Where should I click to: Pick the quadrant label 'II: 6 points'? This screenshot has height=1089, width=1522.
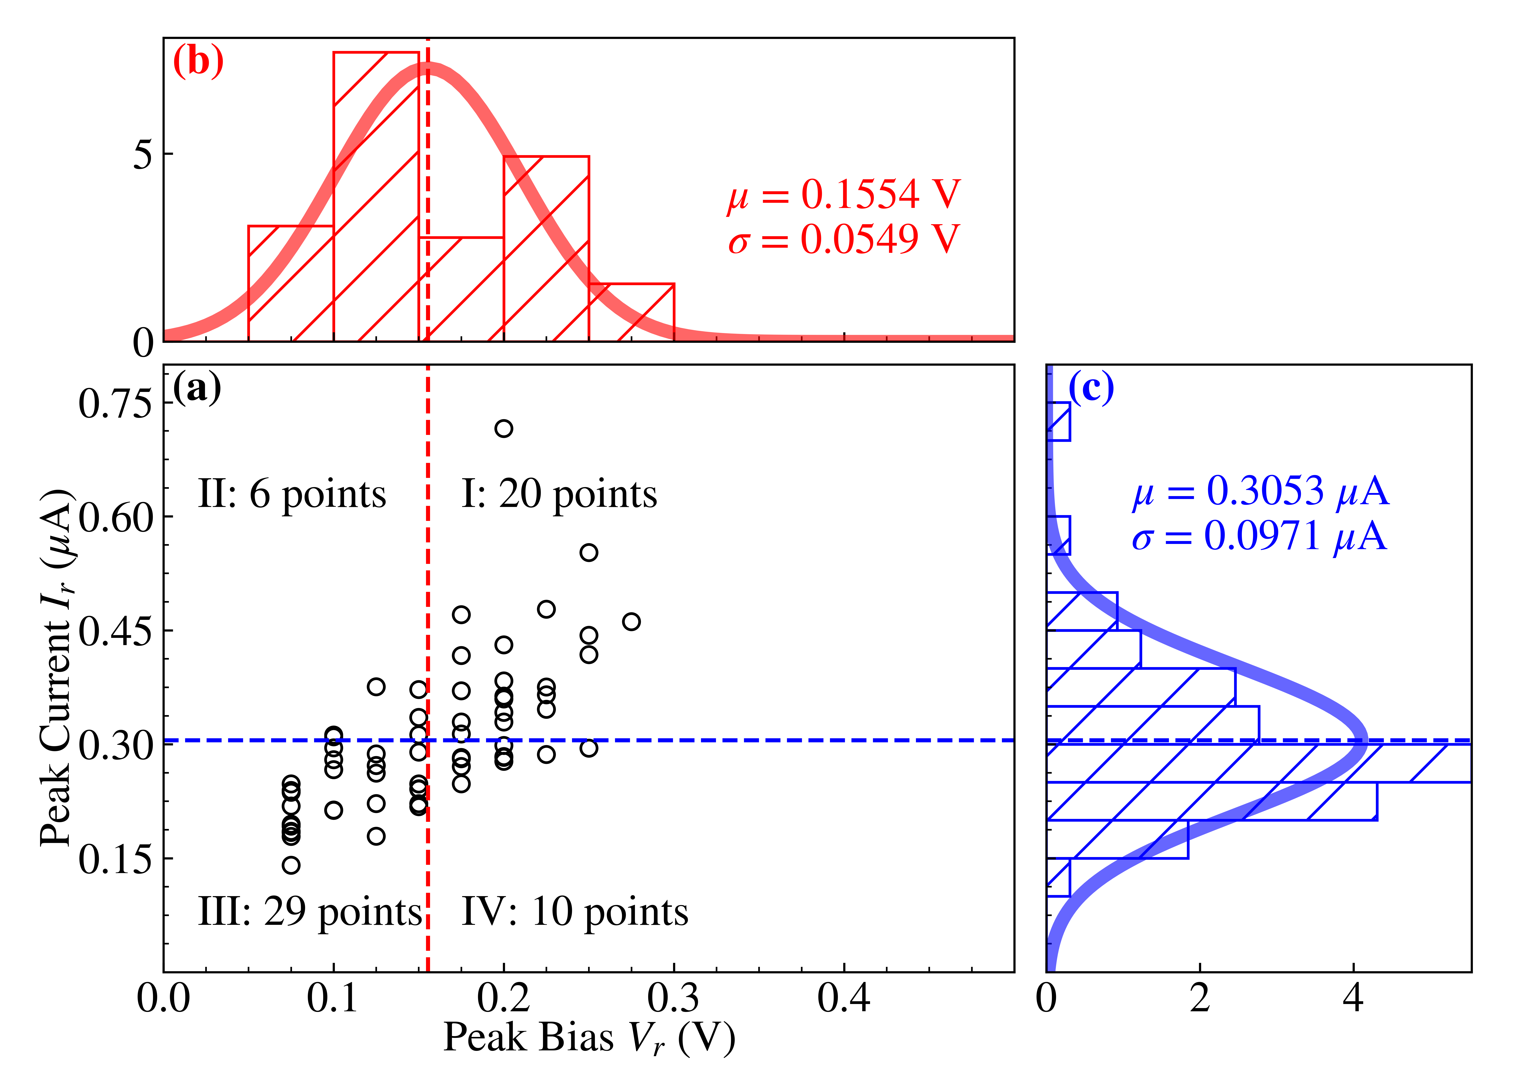click(x=292, y=495)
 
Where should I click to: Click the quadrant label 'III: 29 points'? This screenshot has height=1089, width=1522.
click(x=310, y=912)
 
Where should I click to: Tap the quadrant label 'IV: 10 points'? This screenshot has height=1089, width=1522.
click(x=575, y=912)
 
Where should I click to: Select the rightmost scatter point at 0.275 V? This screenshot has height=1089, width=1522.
click(x=631, y=622)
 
